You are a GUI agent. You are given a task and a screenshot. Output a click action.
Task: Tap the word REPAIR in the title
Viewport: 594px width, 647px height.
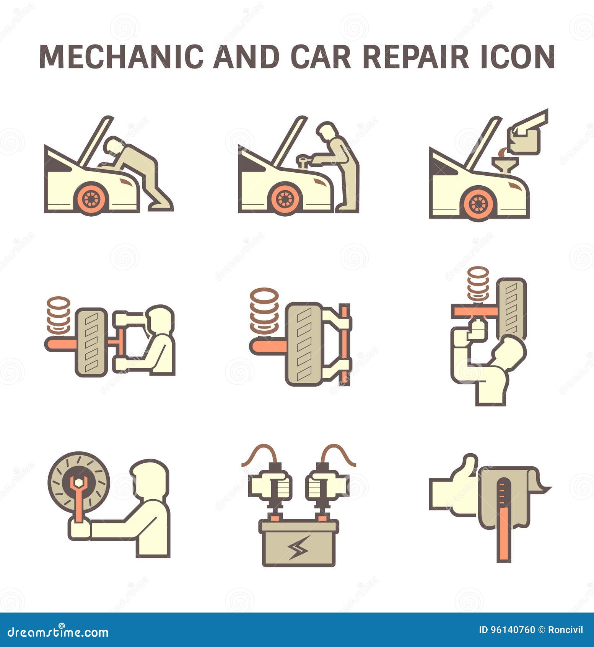point(415,57)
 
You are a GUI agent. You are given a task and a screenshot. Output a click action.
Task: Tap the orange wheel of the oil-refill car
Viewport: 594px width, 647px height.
point(478,204)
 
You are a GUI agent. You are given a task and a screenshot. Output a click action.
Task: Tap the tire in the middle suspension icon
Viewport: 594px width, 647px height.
point(305,343)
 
